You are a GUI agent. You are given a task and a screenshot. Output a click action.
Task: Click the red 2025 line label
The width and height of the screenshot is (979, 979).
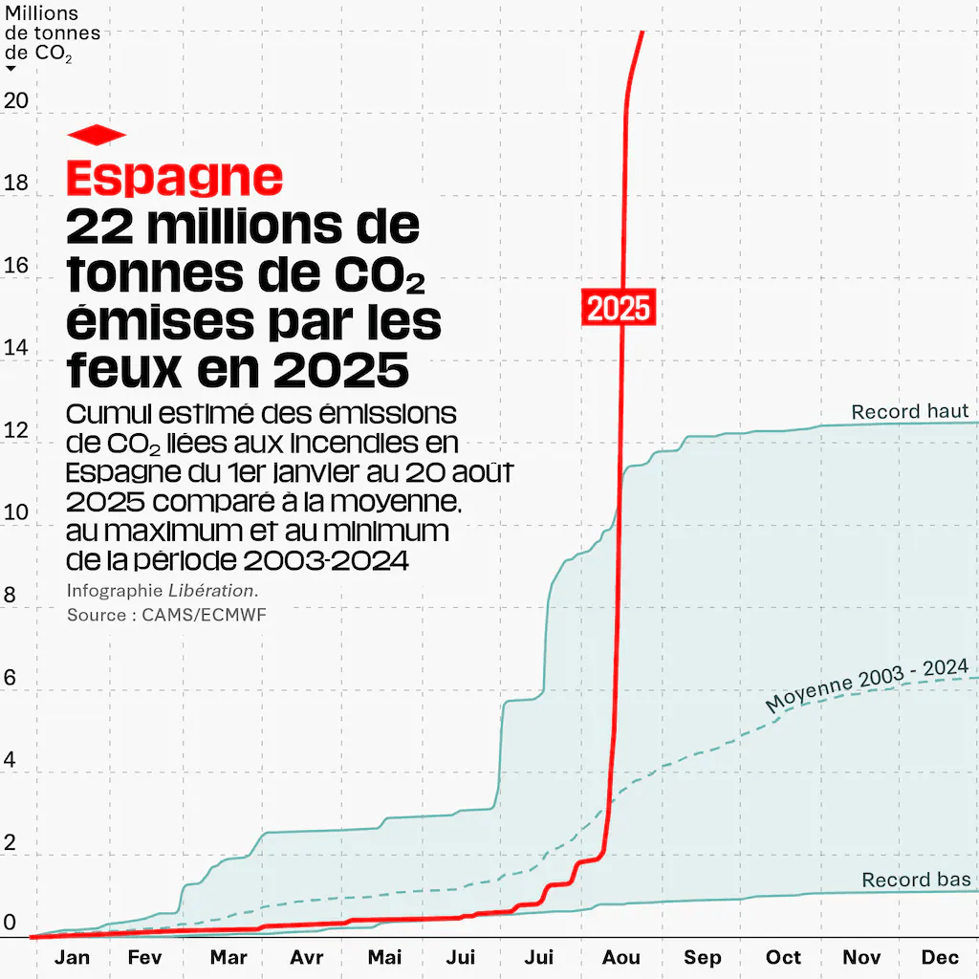point(619,308)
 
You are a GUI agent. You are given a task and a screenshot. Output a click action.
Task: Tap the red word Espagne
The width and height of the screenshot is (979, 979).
point(175,177)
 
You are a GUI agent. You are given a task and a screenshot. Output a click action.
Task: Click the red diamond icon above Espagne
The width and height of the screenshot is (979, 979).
point(97,136)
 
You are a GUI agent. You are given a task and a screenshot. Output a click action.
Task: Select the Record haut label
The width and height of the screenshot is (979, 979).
point(910,412)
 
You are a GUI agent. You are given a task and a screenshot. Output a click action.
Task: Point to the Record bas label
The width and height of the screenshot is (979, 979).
point(916,880)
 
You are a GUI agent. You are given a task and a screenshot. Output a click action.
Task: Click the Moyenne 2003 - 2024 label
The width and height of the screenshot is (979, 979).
point(867,685)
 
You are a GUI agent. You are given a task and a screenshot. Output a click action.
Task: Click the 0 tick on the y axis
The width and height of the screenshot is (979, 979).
point(10,924)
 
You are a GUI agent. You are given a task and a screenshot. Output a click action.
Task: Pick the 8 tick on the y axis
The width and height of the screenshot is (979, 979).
point(10,596)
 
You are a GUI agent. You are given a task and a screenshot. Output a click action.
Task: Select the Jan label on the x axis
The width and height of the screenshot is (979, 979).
point(73,958)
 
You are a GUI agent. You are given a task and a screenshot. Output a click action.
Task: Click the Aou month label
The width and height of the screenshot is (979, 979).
point(621,958)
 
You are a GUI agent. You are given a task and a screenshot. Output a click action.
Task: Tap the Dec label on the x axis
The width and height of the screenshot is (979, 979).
point(940,958)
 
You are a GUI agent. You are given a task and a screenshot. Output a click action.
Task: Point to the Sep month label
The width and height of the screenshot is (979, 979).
point(703,958)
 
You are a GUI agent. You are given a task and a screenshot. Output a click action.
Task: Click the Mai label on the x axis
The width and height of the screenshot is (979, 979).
point(385,958)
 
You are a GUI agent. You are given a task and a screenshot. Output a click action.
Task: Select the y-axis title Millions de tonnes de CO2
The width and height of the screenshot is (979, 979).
point(52,33)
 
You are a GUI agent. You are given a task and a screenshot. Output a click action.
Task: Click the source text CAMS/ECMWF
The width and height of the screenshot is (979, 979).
point(204,615)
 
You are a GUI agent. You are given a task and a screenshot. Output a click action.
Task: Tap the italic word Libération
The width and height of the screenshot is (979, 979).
point(211,591)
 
